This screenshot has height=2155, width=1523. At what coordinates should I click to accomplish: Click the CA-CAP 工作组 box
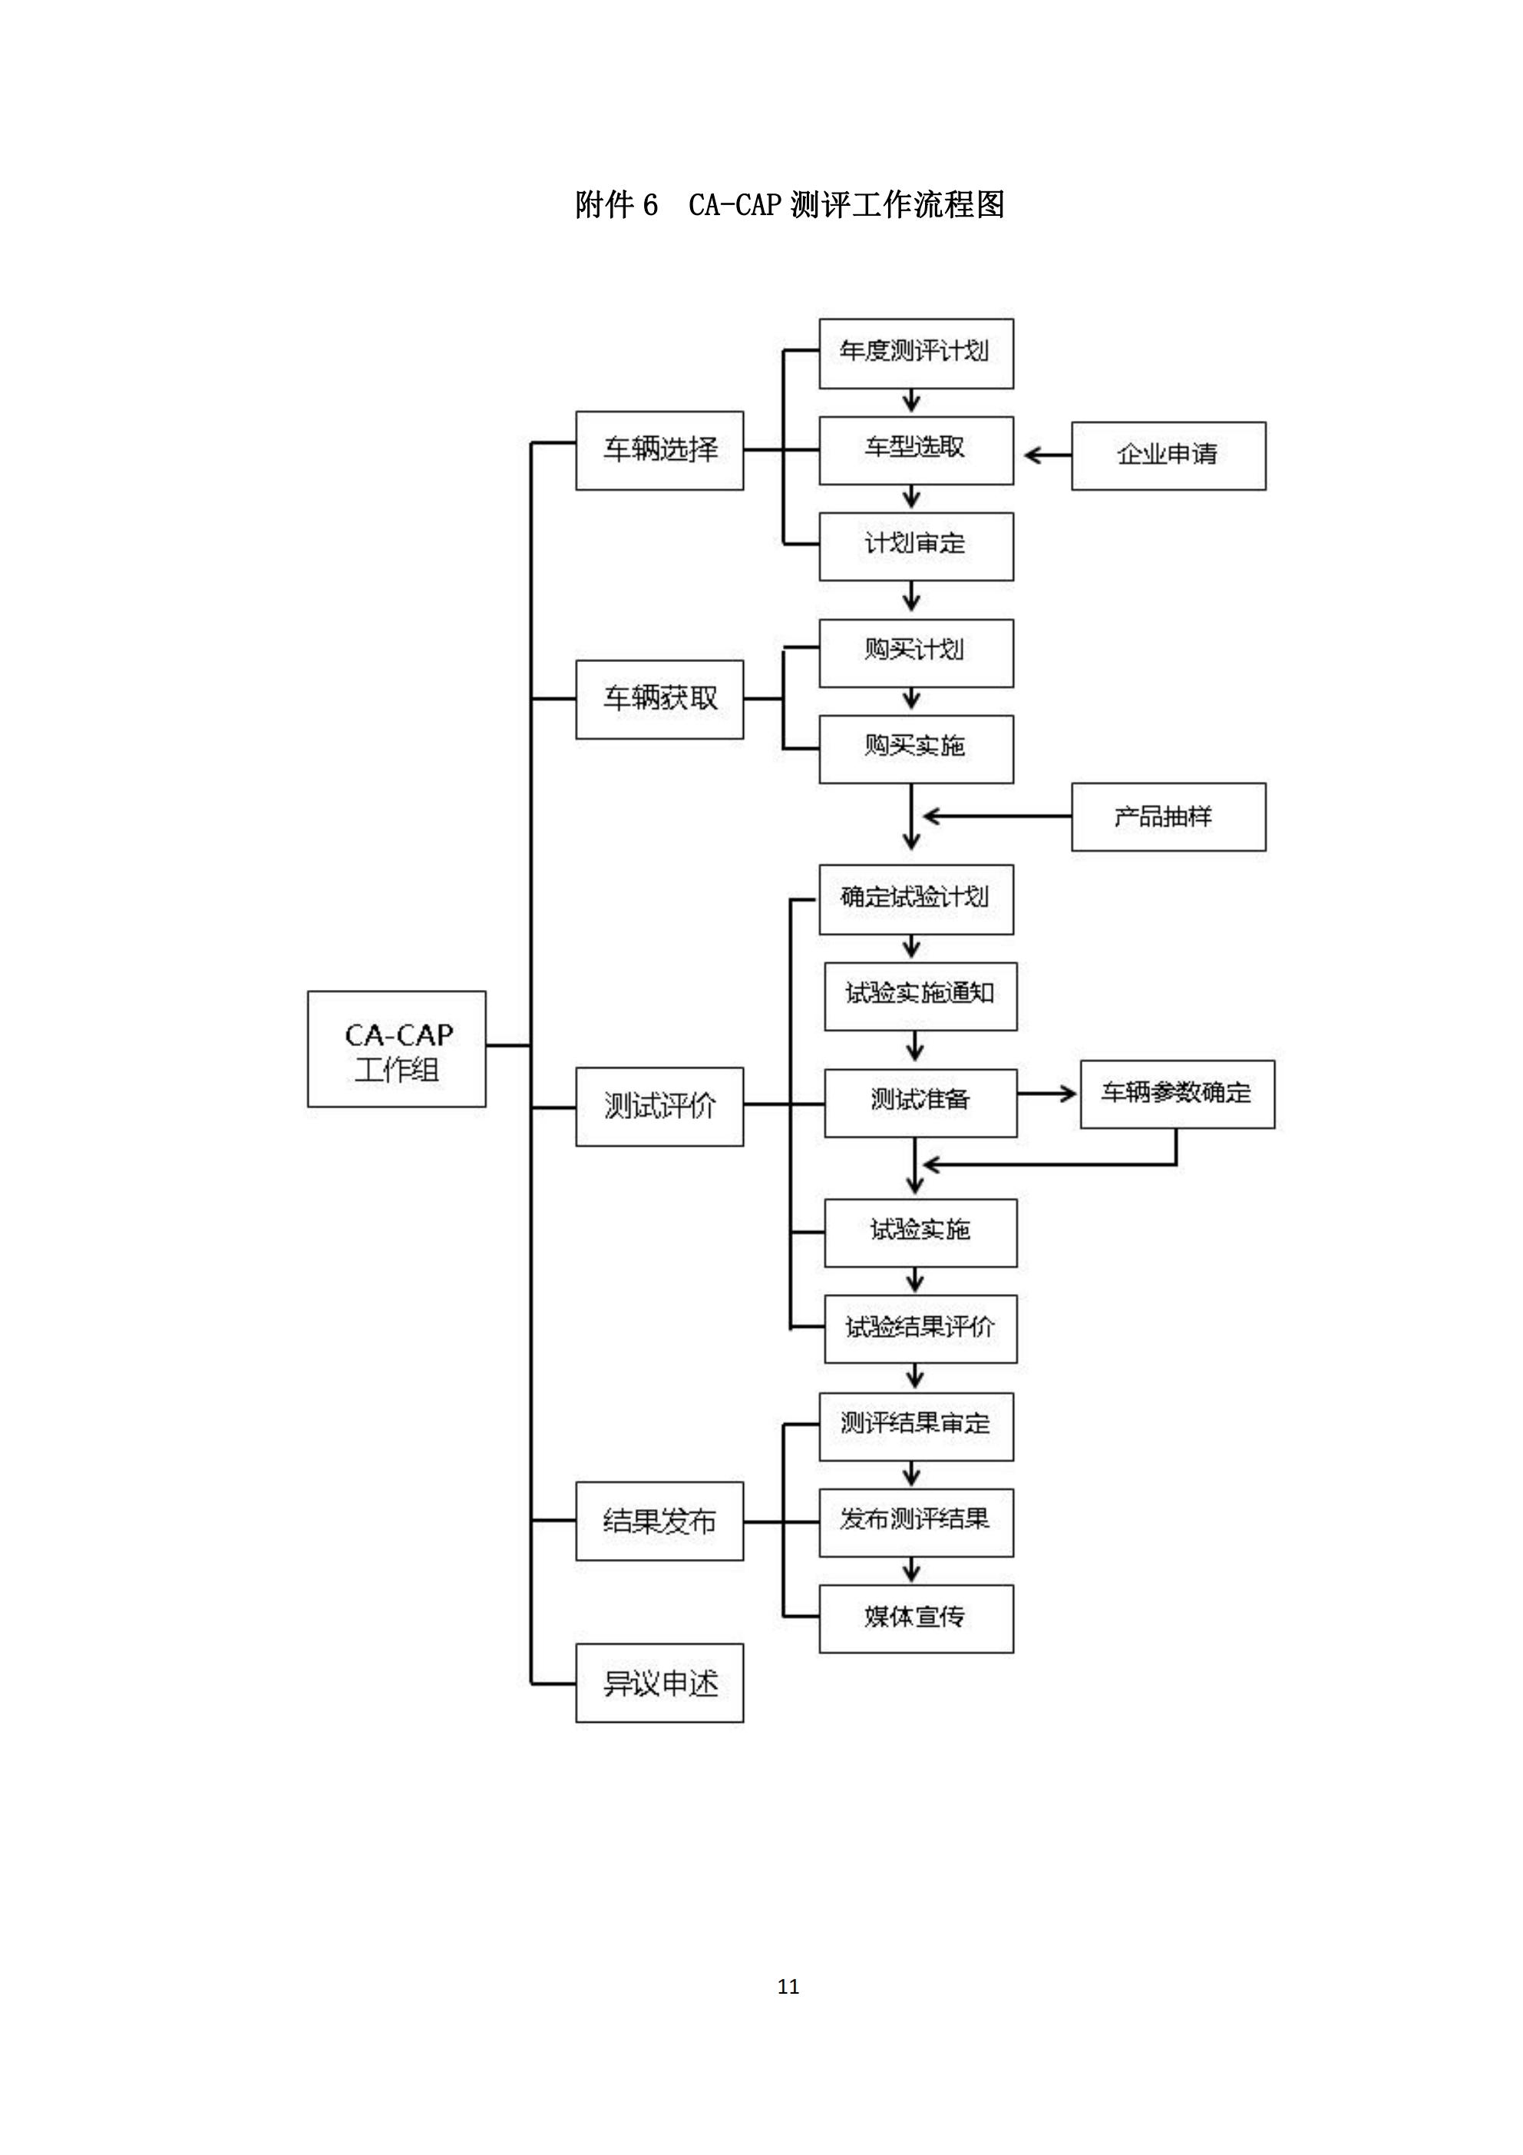click(396, 1048)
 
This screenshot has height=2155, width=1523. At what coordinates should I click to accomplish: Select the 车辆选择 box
click(659, 451)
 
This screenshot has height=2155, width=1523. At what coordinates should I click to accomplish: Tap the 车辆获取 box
click(659, 699)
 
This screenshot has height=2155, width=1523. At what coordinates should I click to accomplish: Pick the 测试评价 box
click(659, 1107)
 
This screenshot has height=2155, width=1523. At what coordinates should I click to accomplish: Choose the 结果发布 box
click(659, 1521)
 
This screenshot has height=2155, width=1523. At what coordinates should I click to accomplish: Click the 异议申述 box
click(659, 1683)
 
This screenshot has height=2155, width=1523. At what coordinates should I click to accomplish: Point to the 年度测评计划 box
click(916, 354)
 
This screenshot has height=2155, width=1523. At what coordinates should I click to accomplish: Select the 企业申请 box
click(1168, 455)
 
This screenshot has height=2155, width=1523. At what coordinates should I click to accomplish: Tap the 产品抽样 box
click(1168, 816)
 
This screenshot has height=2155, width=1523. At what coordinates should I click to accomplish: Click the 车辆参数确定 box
click(1177, 1094)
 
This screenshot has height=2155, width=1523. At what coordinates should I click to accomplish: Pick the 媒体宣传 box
click(916, 1619)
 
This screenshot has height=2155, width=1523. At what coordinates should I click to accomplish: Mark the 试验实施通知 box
click(920, 996)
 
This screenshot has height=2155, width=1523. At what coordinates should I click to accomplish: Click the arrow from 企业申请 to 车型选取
click(1047, 455)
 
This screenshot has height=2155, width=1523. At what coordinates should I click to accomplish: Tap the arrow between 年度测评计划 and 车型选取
click(911, 401)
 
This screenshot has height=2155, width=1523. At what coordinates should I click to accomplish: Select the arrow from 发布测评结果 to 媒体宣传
click(911, 1571)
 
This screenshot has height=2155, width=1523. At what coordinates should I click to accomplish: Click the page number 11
click(788, 1986)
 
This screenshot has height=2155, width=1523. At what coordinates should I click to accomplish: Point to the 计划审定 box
click(916, 546)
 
